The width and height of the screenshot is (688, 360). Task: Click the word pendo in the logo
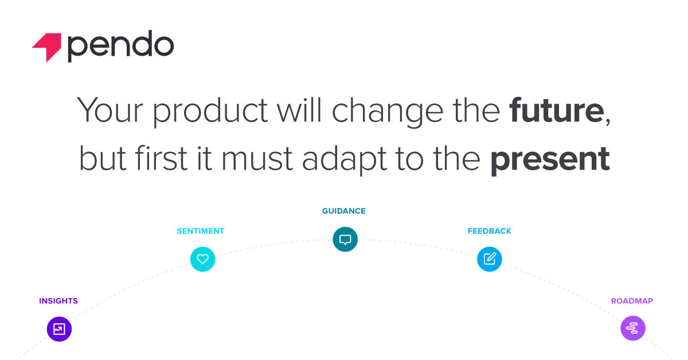[121, 46]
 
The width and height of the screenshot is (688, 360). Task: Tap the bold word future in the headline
[556, 110]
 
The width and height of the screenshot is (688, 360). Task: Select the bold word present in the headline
[550, 160]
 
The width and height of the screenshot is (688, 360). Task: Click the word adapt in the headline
[344, 160]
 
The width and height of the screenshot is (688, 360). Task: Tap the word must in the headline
[257, 160]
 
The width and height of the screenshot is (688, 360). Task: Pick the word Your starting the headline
[110, 110]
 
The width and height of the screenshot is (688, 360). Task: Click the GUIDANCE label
[343, 211]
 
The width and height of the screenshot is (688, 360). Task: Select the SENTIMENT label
[201, 231]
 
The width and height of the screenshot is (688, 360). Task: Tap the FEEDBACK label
[489, 231]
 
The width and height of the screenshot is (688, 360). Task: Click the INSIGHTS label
[58, 301]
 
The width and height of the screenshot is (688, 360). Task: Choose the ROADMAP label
[632, 301]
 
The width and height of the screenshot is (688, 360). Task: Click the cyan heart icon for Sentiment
[202, 259]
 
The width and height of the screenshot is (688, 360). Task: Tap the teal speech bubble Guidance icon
[345, 239]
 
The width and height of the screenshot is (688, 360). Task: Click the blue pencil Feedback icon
[489, 259]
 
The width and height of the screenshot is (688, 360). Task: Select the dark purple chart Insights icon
[59, 329]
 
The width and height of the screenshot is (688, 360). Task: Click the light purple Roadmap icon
[633, 328]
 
